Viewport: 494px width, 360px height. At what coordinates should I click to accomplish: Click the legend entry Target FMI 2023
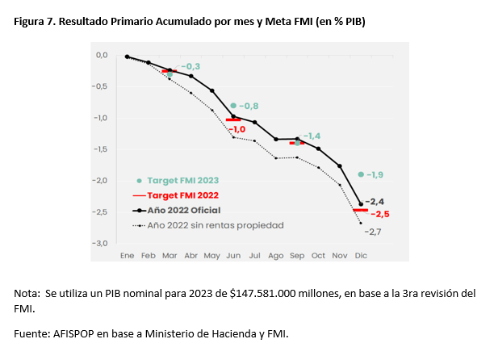click(183, 181)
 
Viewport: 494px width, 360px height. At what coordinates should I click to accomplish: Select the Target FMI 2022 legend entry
click(183, 195)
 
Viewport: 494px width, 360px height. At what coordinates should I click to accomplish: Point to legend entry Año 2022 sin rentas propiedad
click(215, 225)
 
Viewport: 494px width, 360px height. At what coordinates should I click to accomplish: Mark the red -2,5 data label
click(380, 215)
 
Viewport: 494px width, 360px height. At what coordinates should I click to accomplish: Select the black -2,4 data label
click(375, 202)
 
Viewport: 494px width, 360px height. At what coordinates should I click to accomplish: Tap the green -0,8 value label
click(249, 106)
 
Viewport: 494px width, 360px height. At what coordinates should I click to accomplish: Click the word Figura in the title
click(30, 22)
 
